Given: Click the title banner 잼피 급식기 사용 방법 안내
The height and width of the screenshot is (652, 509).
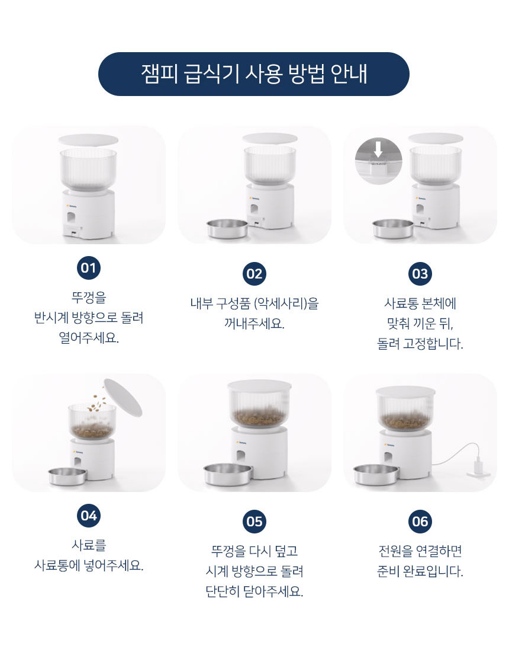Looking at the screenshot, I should click(254, 74).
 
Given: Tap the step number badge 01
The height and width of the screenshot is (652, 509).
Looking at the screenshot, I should click(89, 268).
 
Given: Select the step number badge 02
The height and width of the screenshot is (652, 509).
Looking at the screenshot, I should click(254, 274).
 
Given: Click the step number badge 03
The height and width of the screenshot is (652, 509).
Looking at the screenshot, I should click(420, 274).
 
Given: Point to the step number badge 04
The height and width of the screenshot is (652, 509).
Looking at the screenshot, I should click(89, 516).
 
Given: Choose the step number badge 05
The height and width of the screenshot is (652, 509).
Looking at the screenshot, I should click(254, 522).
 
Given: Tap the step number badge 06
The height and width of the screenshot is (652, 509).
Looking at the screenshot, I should click(420, 522).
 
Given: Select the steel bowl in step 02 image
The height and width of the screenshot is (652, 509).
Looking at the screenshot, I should click(228, 228).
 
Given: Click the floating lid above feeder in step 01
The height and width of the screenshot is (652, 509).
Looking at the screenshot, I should click(89, 140).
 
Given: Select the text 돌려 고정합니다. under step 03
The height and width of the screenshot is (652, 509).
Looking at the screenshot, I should click(420, 344).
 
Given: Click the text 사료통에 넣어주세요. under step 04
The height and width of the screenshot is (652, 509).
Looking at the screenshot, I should click(89, 565).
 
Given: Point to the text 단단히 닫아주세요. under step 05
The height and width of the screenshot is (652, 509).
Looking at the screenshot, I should click(254, 592).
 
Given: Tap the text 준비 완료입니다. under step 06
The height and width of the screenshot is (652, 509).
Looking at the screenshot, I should click(420, 571).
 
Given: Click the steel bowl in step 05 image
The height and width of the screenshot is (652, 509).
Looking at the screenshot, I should click(226, 474).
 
